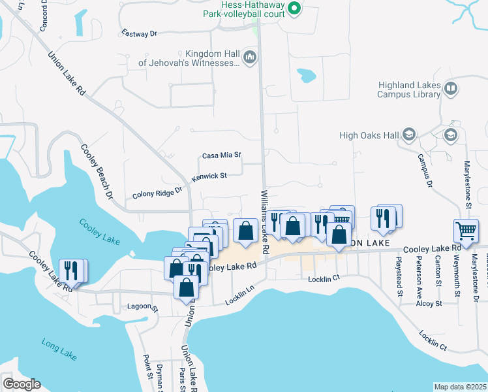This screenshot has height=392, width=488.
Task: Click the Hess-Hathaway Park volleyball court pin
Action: click(294, 8)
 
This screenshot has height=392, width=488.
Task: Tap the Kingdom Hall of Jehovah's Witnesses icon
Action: click(249, 59)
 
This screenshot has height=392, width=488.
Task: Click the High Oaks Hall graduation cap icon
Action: click(409, 135)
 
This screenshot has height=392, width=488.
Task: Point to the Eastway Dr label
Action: click(140, 33)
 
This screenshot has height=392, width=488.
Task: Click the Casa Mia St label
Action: click(222, 155)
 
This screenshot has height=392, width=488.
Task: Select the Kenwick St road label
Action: click(209, 176)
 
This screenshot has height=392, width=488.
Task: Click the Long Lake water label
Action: click(59, 349)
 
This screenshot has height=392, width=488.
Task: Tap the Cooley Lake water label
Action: click(99, 231)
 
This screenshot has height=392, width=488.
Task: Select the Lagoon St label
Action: click(143, 307)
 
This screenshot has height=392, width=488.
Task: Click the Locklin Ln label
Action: click(239, 298)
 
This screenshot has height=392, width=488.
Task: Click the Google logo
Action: click(22, 384)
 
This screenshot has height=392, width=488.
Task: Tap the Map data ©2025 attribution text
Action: click(461, 387)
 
